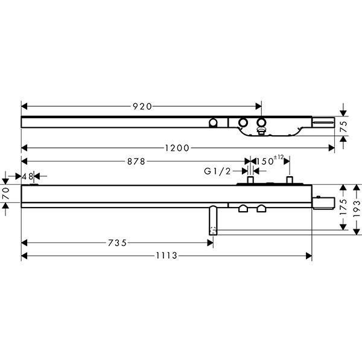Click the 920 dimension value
pos(142,106)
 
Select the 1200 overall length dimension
pos(177,148)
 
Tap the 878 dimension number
pos(136,161)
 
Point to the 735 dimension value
pos(117,243)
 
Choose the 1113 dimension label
pos(167,256)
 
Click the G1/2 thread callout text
pos(217,171)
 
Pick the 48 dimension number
pos(28,177)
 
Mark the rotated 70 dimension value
pos(6,194)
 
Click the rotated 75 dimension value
pos(344,127)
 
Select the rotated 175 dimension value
pos(344,207)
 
